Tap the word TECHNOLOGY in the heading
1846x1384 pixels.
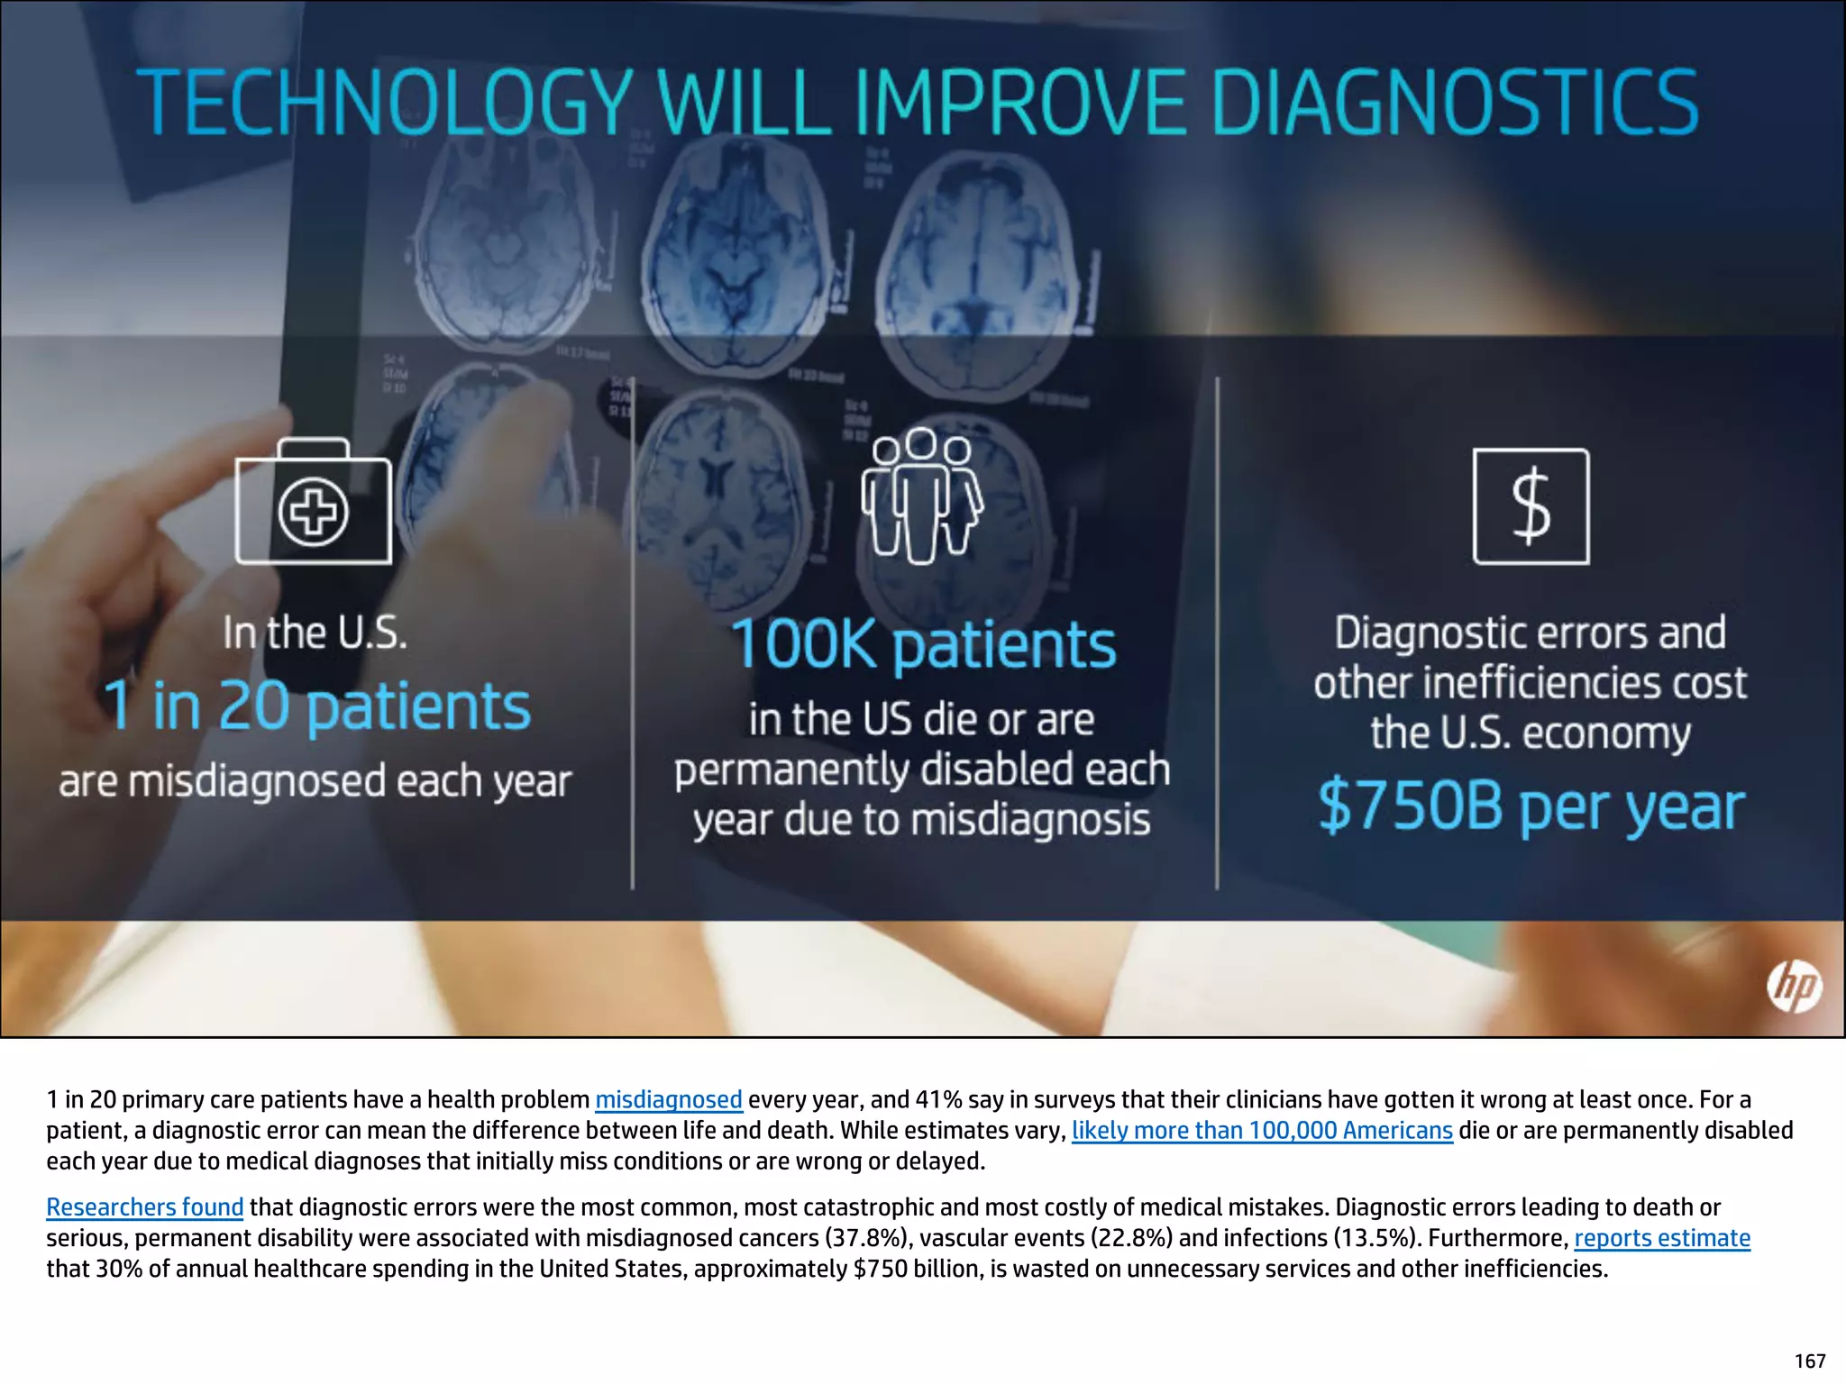(386, 104)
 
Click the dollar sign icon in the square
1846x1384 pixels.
(1531, 506)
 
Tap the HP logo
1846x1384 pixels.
(1794, 987)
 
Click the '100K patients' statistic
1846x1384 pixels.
(923, 644)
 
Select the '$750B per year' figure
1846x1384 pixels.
(1531, 806)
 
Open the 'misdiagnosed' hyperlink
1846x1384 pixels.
(668, 1100)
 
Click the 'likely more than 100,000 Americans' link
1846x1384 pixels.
(1262, 1131)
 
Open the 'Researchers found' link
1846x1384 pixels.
(144, 1207)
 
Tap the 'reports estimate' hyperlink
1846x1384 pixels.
(1662, 1238)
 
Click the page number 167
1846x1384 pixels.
(1810, 1361)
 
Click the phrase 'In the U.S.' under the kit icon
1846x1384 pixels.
(315, 633)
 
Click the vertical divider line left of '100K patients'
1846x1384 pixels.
(633, 631)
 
